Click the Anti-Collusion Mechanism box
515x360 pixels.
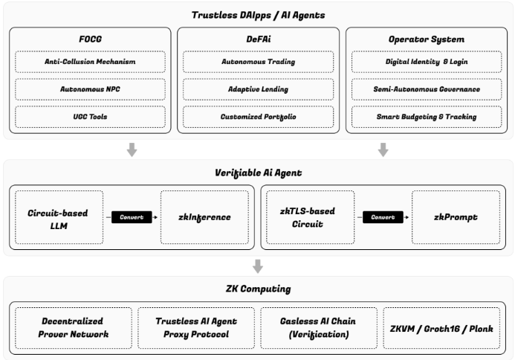click(x=89, y=62)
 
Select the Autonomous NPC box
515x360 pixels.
click(x=89, y=89)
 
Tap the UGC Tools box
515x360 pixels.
click(x=89, y=117)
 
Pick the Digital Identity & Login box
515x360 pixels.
click(x=426, y=62)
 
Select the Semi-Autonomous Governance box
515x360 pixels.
click(x=426, y=89)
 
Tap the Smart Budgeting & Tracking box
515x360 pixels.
click(x=426, y=117)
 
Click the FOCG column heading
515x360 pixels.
click(x=89, y=37)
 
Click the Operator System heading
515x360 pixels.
click(x=426, y=37)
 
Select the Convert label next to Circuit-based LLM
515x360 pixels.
click(x=132, y=217)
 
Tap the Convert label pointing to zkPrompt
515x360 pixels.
click(x=383, y=217)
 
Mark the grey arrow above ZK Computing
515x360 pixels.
click(x=257, y=266)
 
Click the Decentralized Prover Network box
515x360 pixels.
click(x=72, y=328)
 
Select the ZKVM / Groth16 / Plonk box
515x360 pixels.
click(x=441, y=328)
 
